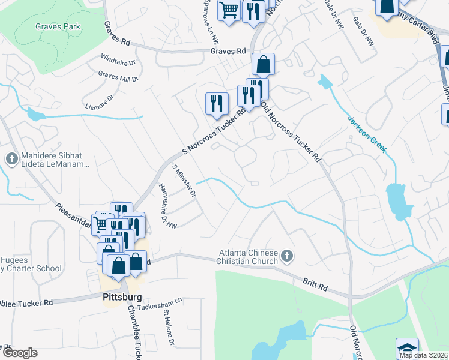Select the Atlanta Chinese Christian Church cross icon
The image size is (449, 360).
[287, 256]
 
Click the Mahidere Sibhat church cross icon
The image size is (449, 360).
[11, 159]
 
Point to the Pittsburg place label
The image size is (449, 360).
[118, 297]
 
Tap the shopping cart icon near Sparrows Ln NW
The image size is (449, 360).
[229, 10]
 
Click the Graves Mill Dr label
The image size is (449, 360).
[118, 76]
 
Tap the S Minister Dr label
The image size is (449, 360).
[184, 182]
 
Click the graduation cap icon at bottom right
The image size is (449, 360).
[407, 349]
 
